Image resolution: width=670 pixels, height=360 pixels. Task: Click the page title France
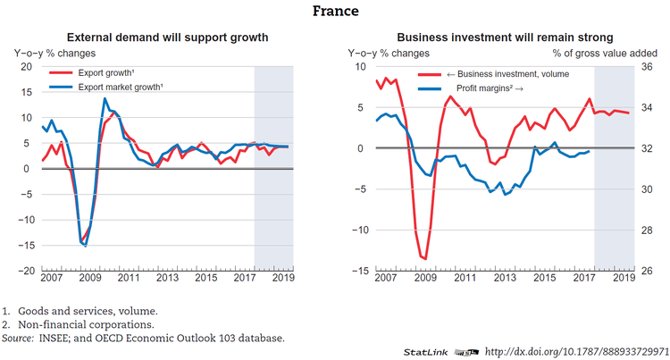point(335,11)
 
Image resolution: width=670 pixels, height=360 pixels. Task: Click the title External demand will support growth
point(168,38)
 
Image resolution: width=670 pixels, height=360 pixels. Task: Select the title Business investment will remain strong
point(505,38)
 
